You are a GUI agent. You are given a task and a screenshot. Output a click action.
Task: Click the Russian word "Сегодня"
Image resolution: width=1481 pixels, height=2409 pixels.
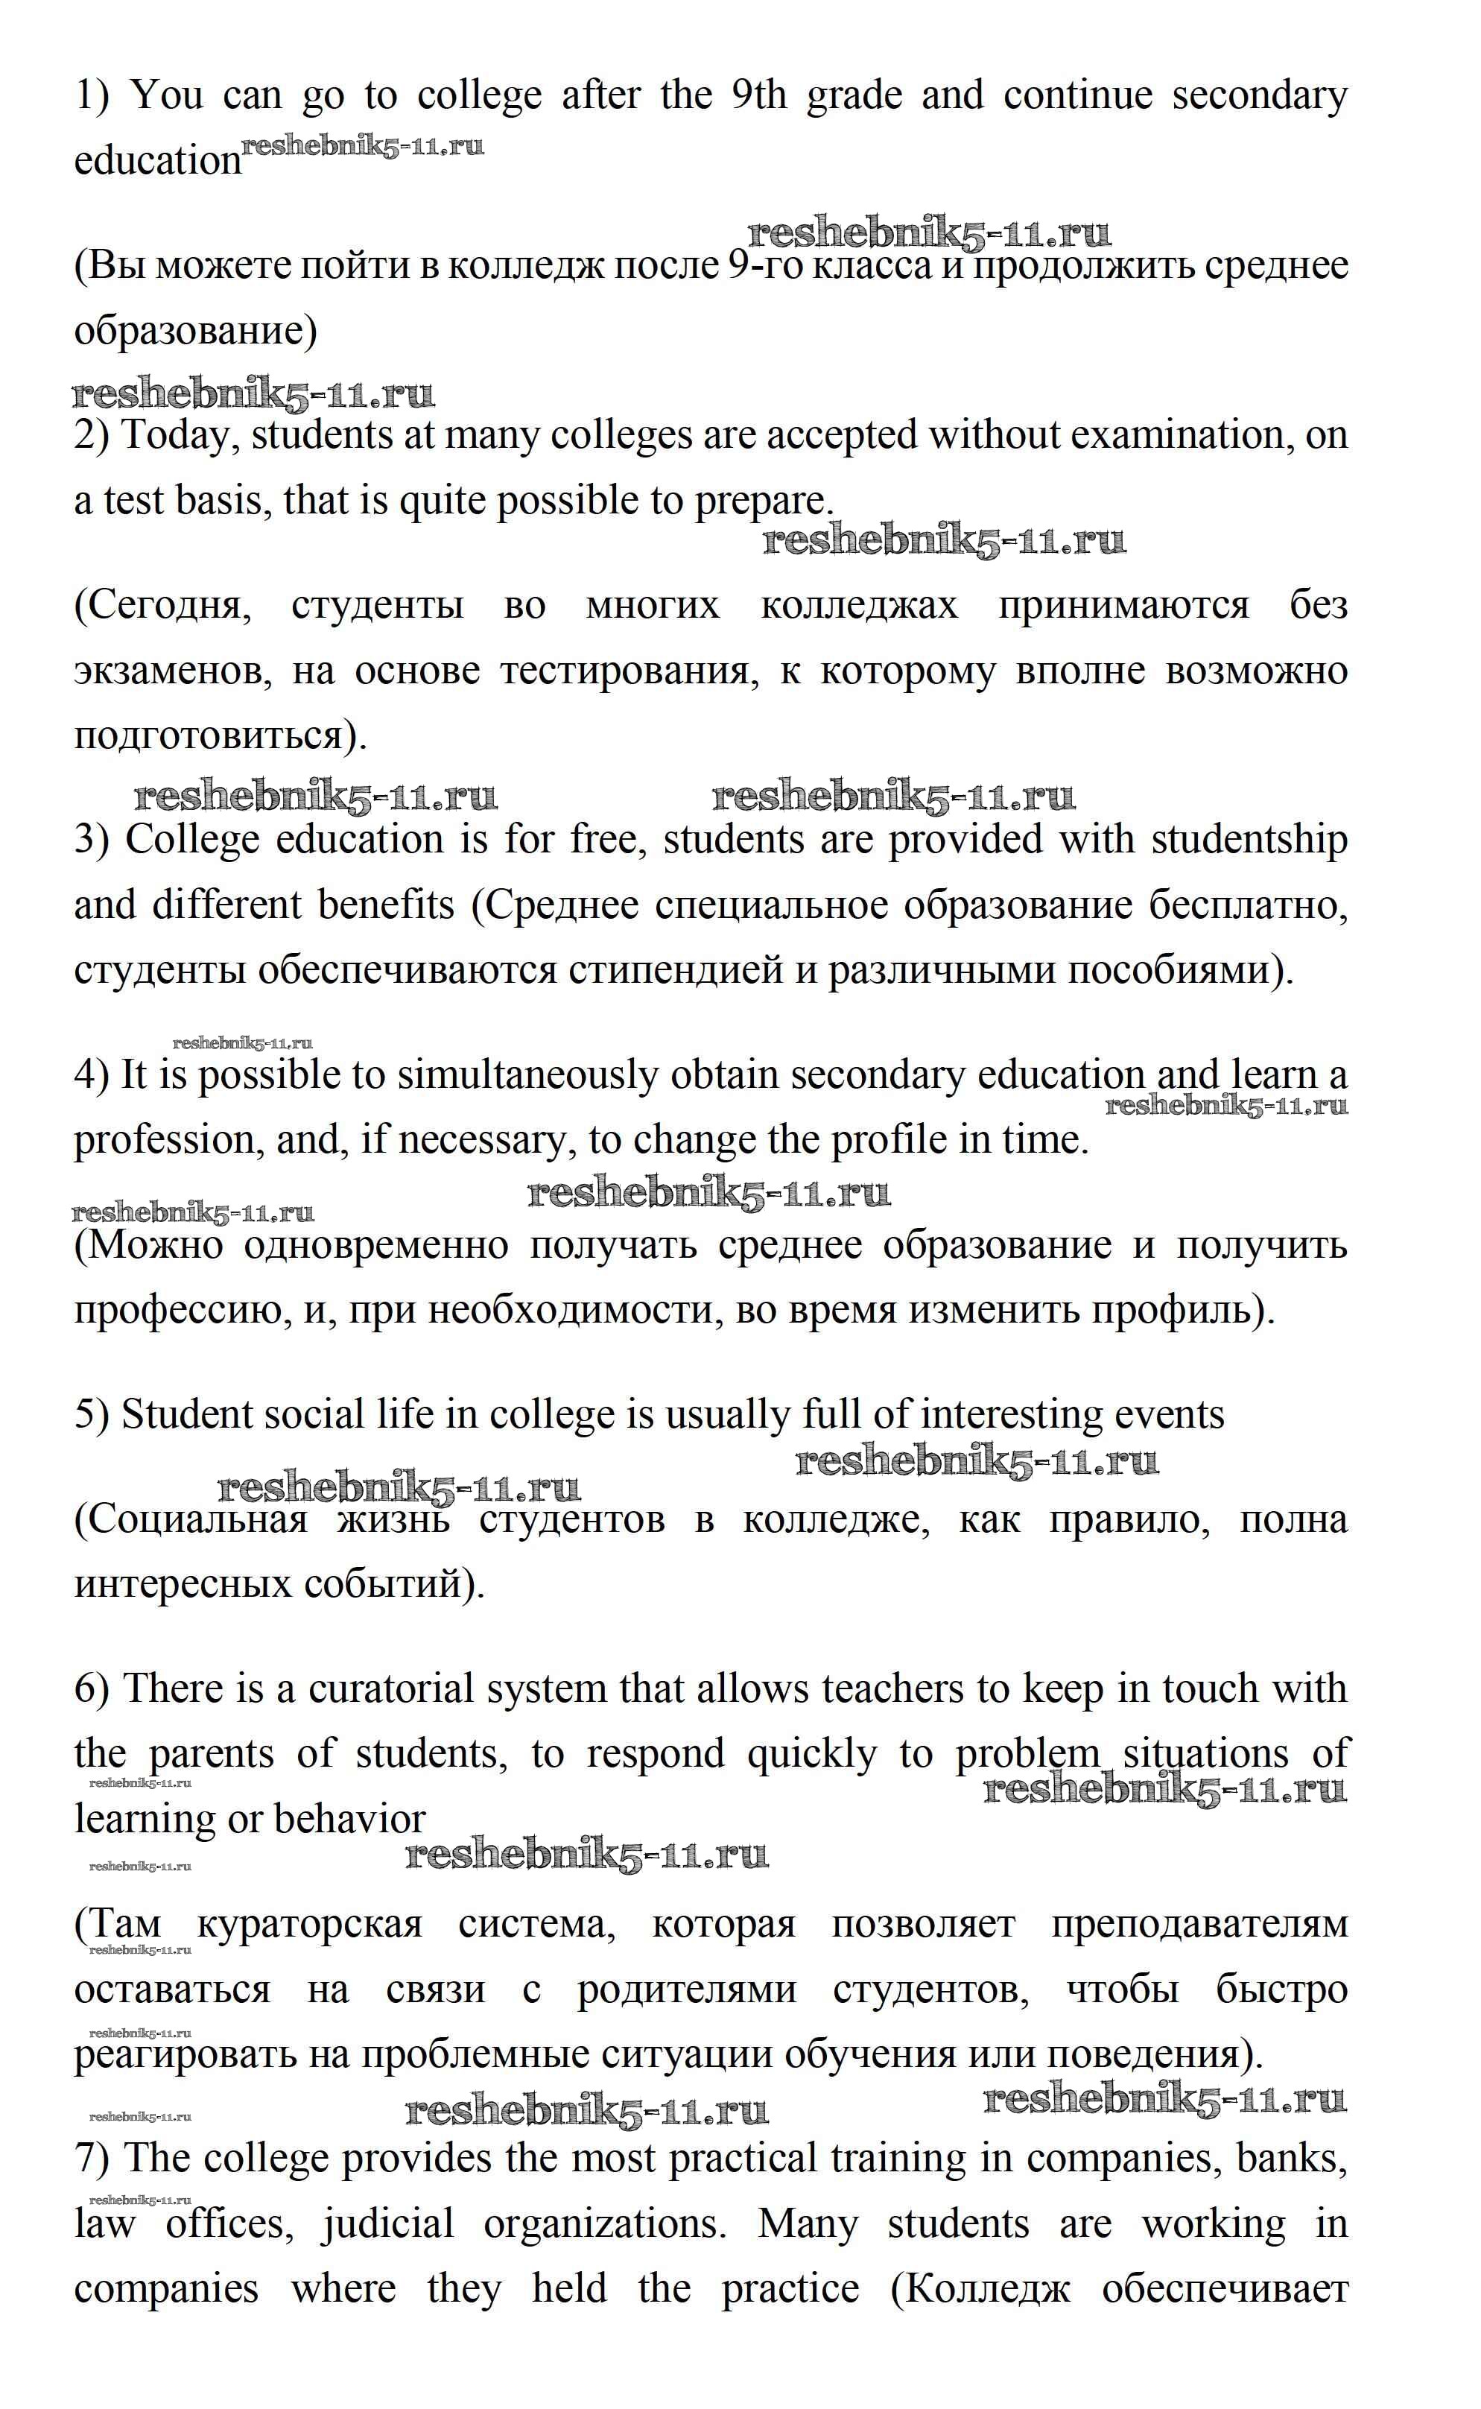[x=162, y=607]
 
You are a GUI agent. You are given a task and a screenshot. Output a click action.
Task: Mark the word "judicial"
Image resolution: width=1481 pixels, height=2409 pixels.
[x=389, y=2223]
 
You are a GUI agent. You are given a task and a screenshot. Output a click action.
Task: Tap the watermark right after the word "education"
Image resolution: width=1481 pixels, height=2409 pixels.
[x=362, y=147]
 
